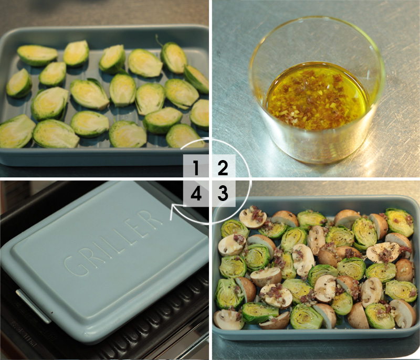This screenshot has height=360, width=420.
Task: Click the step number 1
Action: point(196,168)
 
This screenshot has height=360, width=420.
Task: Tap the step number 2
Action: point(223,168)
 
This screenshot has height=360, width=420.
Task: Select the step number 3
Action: point(223,194)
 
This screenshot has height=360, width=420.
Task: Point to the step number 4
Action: point(196,194)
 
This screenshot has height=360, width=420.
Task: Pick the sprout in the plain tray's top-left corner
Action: point(37,55)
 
